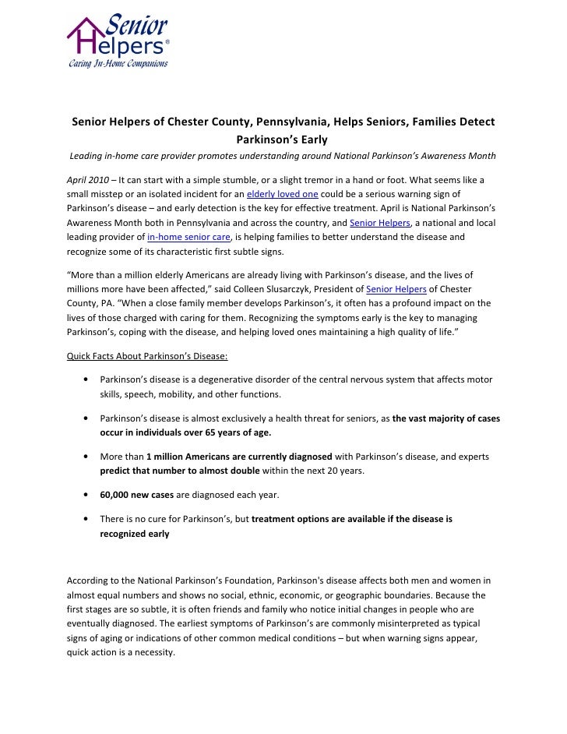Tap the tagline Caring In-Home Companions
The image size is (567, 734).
tap(116, 64)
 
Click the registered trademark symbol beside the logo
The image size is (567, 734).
tap(167, 43)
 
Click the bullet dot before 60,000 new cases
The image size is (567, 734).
tap(83, 495)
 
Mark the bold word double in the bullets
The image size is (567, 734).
tap(243, 471)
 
